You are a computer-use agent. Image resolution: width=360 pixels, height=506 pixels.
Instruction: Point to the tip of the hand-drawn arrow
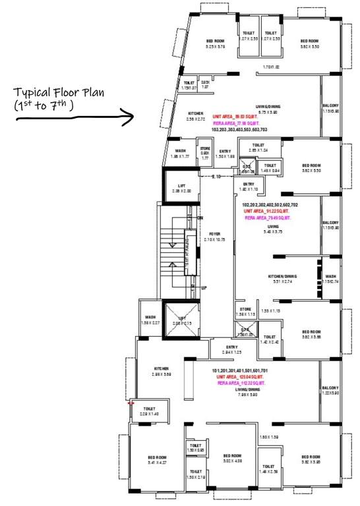(133, 117)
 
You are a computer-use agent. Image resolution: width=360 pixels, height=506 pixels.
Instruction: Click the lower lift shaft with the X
(180, 319)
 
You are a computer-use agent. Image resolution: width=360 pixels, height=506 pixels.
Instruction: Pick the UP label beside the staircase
(204, 288)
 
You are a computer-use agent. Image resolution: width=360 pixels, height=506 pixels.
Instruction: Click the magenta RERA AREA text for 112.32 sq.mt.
(247, 382)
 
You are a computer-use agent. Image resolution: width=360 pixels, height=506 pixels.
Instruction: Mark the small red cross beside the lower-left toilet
(131, 403)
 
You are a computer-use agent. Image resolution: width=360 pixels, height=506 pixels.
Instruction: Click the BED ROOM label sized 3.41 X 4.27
(157, 457)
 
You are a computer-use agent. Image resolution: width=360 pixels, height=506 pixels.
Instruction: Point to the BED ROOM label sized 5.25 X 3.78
(215, 42)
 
